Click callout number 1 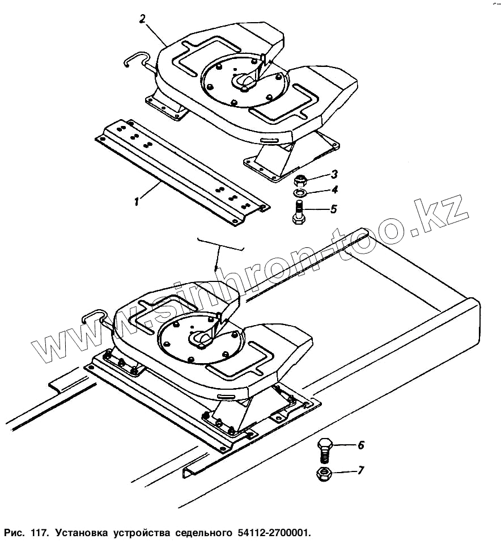(136, 201)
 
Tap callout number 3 (334, 174)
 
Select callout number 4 (334, 190)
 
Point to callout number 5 (333, 209)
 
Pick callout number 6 (360, 445)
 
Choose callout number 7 (360, 470)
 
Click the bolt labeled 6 (325, 449)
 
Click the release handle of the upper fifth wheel (137, 59)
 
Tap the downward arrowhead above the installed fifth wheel (216, 267)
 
